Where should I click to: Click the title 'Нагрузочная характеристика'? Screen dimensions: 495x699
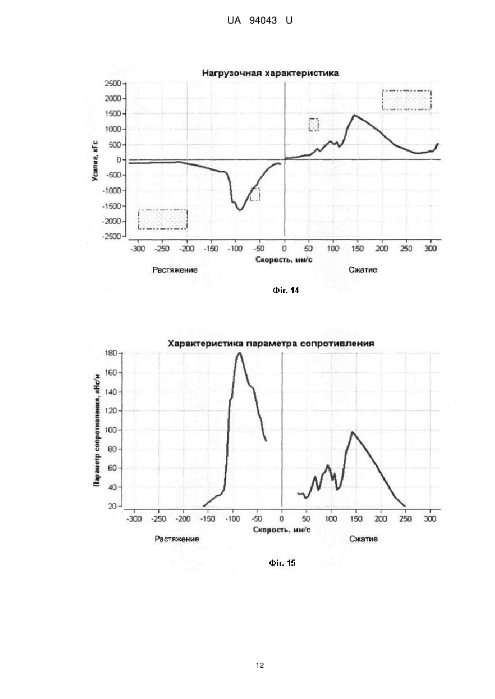(270, 73)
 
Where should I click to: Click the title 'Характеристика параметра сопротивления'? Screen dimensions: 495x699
(271, 343)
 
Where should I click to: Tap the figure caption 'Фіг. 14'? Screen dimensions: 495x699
(286, 290)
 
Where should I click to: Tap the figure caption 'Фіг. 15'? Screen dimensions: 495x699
(282, 563)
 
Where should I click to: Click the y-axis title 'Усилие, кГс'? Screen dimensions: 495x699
(95, 161)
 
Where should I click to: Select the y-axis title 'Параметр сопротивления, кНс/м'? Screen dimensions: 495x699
(97, 430)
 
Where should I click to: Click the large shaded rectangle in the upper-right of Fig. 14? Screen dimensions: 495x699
(407, 100)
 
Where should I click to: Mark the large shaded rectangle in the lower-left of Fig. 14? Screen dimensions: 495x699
(163, 220)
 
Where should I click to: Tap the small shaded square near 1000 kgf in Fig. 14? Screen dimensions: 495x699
(314, 125)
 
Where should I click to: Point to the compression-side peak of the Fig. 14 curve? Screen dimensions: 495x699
(354, 115)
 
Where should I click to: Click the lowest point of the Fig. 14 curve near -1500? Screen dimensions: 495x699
(240, 210)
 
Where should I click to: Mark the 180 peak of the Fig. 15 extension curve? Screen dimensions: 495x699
(240, 353)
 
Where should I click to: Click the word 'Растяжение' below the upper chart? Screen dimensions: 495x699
(175, 270)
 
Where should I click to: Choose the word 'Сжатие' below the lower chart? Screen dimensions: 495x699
(363, 539)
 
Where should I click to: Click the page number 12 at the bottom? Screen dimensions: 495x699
(260, 666)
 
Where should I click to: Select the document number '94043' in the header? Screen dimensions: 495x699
(263, 20)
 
